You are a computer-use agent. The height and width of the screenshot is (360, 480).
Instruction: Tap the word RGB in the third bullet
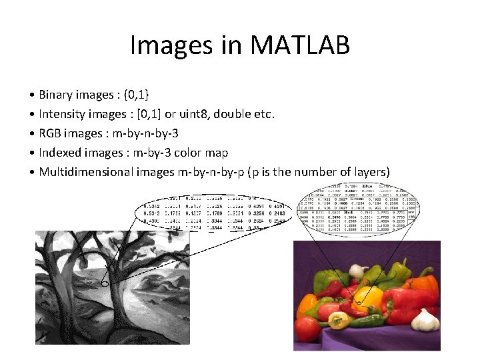pyautogui.click(x=51, y=133)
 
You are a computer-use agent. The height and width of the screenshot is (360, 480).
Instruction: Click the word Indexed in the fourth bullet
pyautogui.click(x=59, y=153)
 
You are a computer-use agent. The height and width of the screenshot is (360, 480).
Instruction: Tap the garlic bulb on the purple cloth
pyautogui.click(x=425, y=319)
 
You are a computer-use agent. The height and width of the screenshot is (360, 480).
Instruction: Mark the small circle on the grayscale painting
pyautogui.click(x=105, y=284)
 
